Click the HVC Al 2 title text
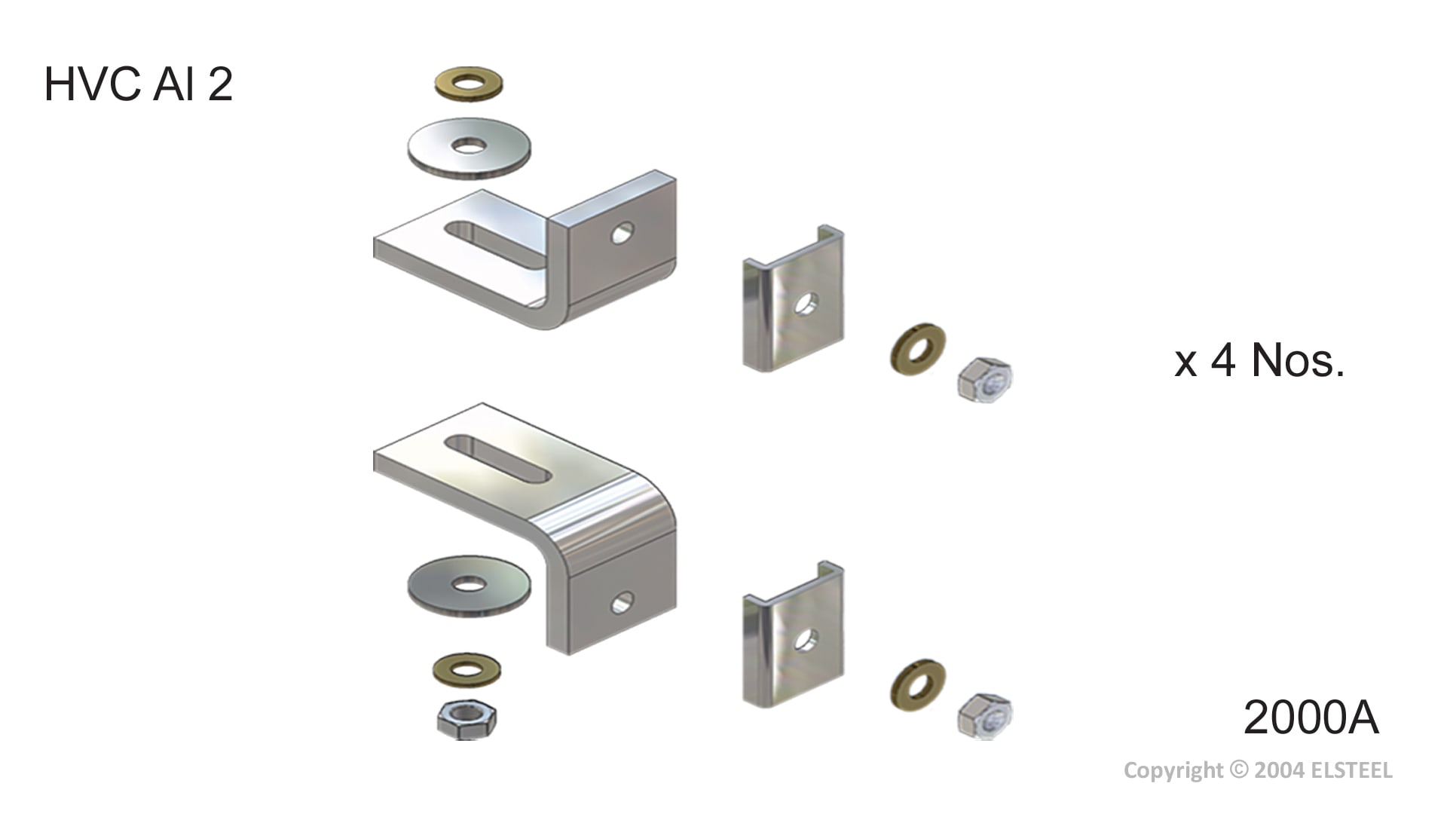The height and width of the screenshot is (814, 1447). click(x=139, y=84)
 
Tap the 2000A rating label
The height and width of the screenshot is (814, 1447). click(x=1311, y=717)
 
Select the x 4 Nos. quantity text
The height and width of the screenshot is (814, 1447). click(x=1259, y=360)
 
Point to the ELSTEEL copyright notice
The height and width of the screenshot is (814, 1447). click(x=1258, y=770)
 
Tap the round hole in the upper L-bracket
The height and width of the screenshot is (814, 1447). click(x=622, y=233)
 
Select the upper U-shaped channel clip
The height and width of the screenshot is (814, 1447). click(x=793, y=298)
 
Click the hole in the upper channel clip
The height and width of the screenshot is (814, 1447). click(x=806, y=303)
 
